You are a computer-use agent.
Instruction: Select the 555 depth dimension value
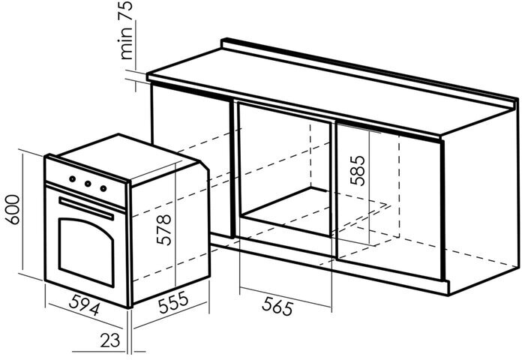[x=173, y=303]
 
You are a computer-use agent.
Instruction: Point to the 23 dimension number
[x=110, y=341]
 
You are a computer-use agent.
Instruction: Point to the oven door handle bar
[x=86, y=207]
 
